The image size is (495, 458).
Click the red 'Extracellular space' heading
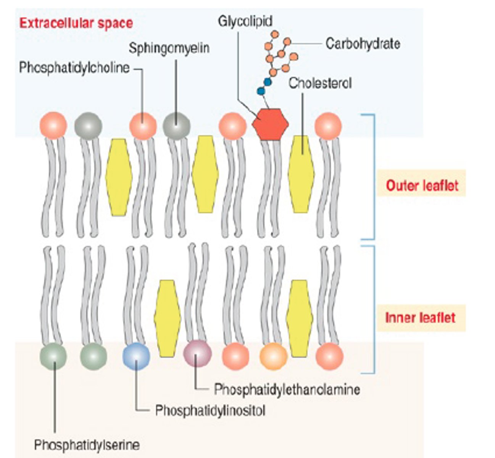76,23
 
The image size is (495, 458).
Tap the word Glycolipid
245,21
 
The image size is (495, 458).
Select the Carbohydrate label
363,44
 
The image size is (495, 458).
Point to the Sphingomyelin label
169,48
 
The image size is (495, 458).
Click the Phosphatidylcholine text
74,68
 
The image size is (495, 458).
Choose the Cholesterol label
320,83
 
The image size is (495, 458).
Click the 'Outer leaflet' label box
422,185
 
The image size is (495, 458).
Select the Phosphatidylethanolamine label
287,389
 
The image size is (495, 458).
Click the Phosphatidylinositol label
210,411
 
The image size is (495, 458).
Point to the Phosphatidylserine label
87,445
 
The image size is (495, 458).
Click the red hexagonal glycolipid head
270,124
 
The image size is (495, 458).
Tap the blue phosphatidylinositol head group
136,356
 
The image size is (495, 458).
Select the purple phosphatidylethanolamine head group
197,353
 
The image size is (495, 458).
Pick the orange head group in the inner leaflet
273,356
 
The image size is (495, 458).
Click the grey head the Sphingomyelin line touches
176,126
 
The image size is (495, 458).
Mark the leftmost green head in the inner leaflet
53,356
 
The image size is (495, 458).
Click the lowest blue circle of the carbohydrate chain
261,91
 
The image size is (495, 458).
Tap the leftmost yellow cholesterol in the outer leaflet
119,177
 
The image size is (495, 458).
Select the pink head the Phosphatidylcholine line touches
143,126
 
